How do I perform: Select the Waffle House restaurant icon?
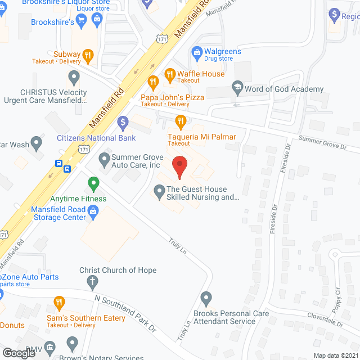[169, 74]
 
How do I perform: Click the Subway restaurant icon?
[88, 55]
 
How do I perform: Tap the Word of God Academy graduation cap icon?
[237, 89]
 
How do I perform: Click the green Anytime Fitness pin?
[93, 183]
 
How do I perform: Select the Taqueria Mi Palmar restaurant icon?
[180, 120]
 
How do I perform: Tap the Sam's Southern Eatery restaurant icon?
[59, 304]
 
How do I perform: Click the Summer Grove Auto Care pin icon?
[104, 160]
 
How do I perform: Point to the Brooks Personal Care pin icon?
[206, 298]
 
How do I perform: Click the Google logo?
[19, 353]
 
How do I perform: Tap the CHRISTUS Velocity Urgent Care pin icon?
[74, 76]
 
